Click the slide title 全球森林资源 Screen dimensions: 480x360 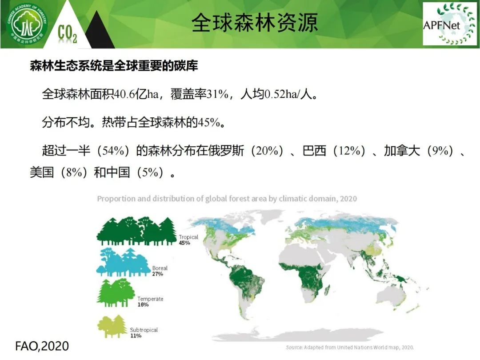(255, 23)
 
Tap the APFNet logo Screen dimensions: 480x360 (449, 24)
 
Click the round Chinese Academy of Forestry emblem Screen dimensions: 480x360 (28, 24)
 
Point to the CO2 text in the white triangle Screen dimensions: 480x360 (68, 33)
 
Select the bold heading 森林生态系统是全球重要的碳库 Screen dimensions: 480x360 (114, 65)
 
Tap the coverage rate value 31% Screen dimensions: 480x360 (218, 94)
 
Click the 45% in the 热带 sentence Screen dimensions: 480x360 (209, 123)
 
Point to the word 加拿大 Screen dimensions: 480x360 (402, 151)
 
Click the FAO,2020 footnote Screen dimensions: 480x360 (42, 346)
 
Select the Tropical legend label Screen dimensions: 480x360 (188, 237)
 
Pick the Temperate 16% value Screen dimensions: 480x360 (143, 304)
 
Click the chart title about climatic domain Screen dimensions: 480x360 (227, 199)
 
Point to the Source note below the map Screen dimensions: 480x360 (350, 348)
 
